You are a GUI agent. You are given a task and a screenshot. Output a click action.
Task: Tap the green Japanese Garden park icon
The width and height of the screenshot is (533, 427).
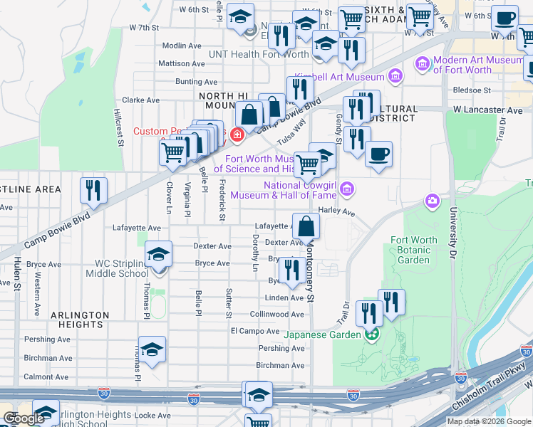click(371, 334)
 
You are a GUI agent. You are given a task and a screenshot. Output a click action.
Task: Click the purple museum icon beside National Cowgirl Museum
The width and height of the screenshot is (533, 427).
click(347, 189)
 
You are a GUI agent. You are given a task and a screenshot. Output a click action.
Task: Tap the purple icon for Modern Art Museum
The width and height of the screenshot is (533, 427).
click(423, 65)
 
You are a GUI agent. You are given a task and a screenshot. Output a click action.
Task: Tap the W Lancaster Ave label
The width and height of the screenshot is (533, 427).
click(488, 110)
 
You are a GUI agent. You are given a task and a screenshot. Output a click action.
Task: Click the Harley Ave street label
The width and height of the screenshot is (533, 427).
click(337, 211)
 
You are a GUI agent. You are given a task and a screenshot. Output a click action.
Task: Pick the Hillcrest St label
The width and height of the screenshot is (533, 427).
click(120, 128)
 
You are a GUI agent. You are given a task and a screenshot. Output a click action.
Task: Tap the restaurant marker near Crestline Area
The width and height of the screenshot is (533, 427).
click(93, 190)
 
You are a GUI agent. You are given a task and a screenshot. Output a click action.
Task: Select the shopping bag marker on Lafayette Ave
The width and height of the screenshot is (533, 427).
click(306, 226)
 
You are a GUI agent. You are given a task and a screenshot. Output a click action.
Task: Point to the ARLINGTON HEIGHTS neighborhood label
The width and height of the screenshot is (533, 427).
click(80, 319)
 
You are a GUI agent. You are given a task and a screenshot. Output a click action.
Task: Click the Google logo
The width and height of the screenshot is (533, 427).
click(23, 418)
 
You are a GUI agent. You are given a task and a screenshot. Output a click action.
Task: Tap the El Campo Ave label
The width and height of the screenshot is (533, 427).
click(255, 331)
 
